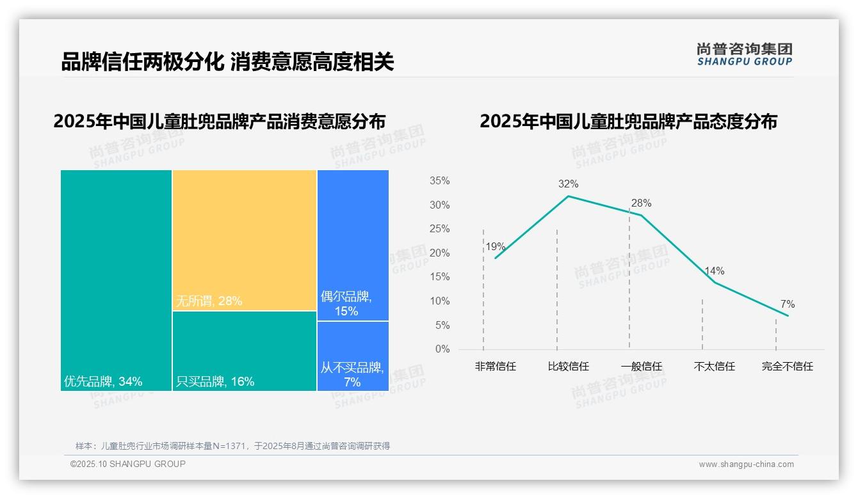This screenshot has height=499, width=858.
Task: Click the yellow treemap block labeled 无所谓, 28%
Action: [245, 240]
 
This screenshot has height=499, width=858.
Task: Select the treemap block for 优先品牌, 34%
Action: [116, 280]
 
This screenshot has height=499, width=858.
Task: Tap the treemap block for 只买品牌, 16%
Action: [245, 351]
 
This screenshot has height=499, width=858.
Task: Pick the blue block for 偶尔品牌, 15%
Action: [353, 245]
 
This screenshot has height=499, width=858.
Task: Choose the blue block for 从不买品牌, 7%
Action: [353, 356]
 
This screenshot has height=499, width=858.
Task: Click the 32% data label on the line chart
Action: [568, 184]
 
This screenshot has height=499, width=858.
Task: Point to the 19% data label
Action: [495, 247]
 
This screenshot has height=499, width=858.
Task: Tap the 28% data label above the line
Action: [641, 203]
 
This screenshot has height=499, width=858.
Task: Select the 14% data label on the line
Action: [714, 271]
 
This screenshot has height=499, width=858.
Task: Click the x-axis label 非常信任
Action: [495, 367]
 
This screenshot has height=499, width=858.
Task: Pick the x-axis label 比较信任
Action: [568, 367]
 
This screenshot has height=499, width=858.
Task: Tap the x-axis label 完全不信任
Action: [787, 367]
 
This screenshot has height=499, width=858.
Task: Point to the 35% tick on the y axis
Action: [439, 181]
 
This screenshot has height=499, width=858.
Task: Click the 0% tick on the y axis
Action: [442, 349]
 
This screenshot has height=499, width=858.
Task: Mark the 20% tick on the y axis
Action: [439, 253]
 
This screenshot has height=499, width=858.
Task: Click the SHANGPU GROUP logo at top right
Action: [745, 54]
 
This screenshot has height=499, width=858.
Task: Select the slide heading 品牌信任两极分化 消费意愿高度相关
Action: [227, 62]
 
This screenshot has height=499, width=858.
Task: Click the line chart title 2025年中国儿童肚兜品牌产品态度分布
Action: [628, 122]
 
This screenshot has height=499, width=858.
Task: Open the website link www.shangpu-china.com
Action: [746, 464]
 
